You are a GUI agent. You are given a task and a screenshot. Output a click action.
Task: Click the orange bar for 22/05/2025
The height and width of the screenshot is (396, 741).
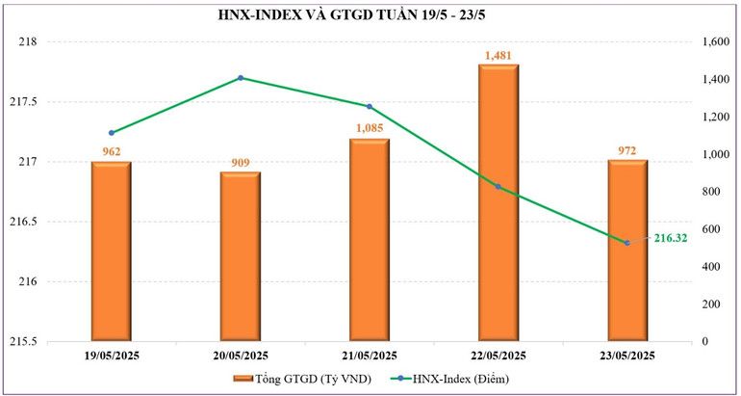[498, 202]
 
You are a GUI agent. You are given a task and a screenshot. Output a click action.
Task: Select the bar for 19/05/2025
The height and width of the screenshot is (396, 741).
[111, 251]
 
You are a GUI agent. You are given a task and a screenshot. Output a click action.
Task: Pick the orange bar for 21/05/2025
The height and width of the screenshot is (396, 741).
[370, 240]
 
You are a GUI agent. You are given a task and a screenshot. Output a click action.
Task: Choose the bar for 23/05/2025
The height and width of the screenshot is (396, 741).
[627, 251]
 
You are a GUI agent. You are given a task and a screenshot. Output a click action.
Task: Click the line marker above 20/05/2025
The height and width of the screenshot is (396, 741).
[240, 78]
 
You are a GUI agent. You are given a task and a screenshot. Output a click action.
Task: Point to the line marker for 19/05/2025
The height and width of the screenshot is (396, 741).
[111, 133]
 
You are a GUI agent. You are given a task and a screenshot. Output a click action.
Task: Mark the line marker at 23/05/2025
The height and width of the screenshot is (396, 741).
[627, 243]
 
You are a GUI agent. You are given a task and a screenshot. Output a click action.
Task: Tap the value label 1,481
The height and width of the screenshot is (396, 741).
[498, 55]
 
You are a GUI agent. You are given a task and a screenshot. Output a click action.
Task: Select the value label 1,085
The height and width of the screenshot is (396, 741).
[370, 128]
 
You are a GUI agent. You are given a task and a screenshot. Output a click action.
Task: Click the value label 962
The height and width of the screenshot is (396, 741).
[111, 151]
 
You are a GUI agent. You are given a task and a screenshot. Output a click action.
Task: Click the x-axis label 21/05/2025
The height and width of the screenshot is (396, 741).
[370, 356]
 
